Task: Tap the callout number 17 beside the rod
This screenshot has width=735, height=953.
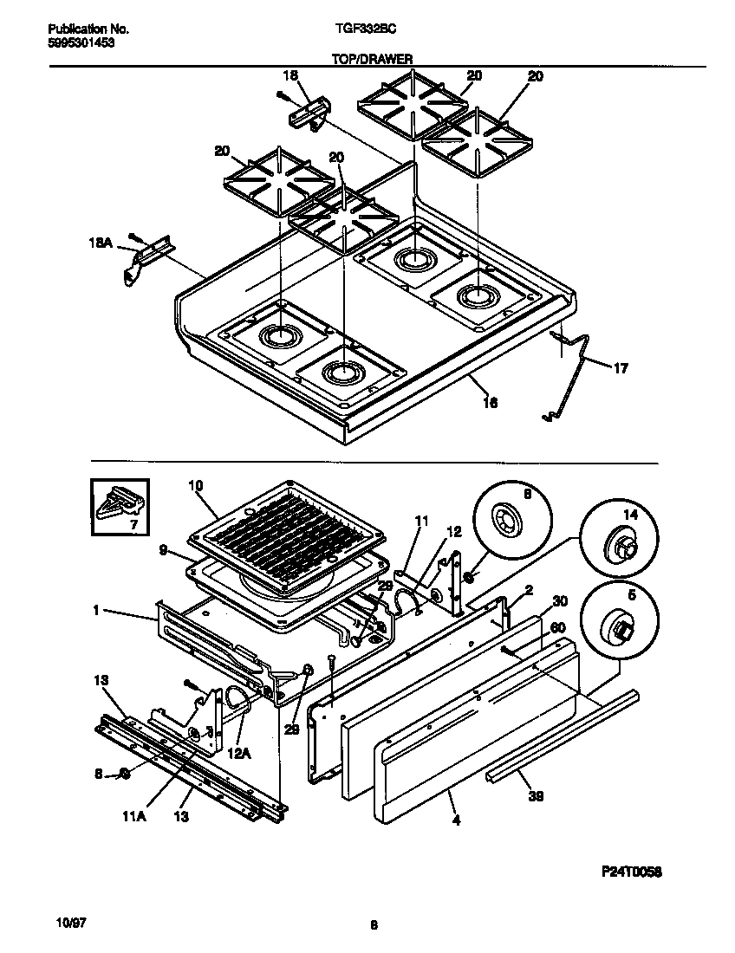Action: [621, 368]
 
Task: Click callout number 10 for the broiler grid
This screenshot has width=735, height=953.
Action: [195, 486]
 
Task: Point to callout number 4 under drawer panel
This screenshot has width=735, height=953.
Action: [455, 820]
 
